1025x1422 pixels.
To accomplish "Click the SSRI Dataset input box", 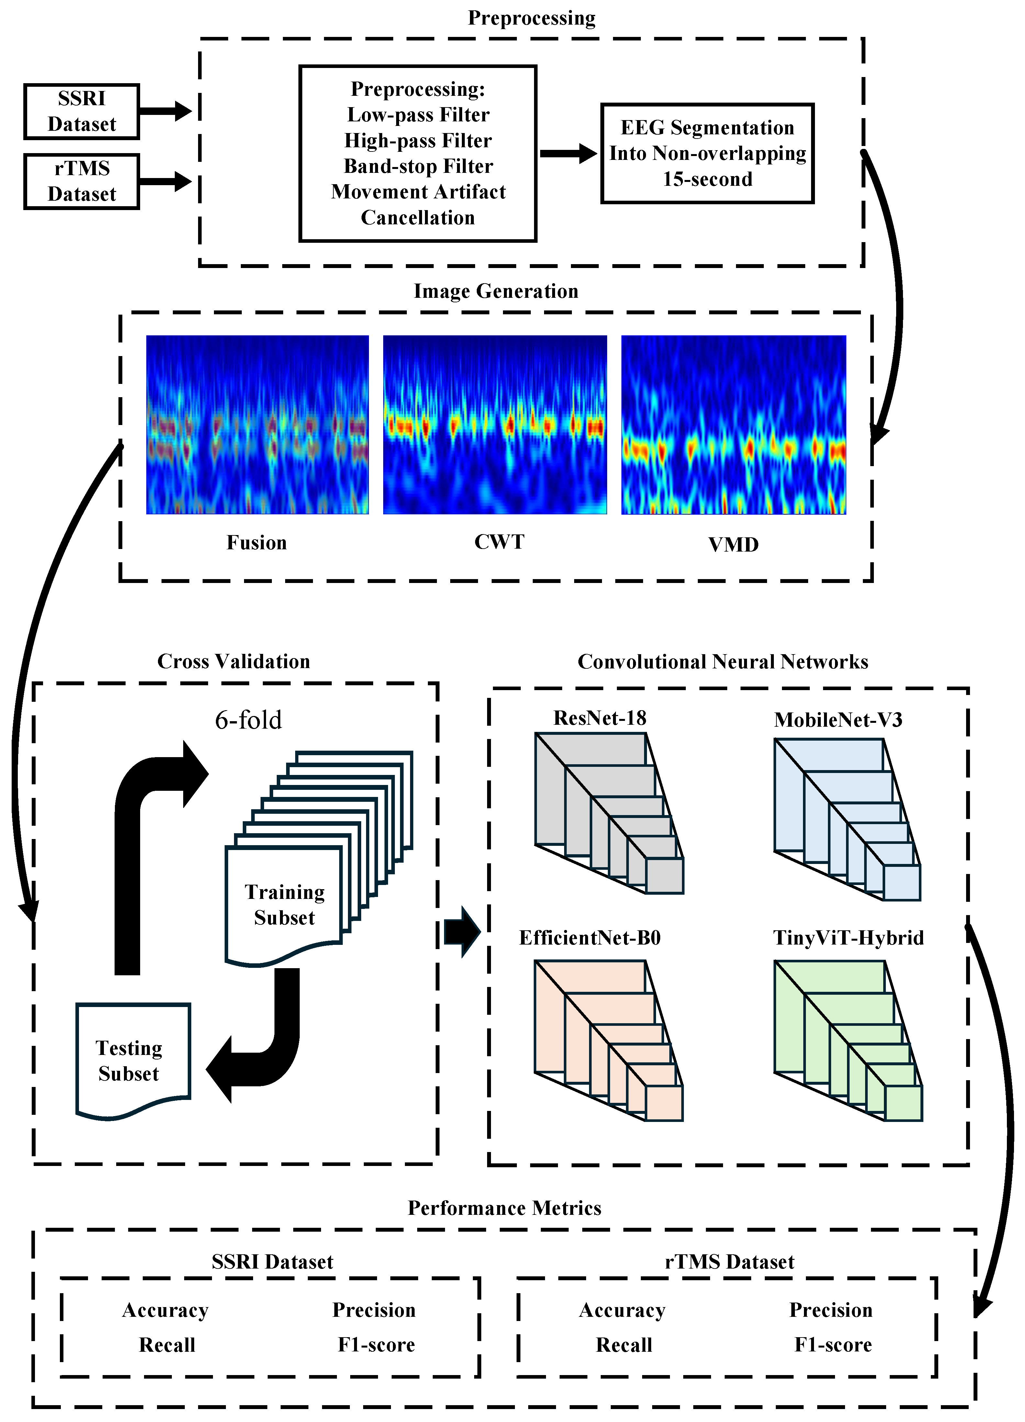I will click(x=82, y=112).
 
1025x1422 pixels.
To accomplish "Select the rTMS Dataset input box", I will click(x=82, y=181).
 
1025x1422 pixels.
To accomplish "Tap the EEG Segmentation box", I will click(x=707, y=154).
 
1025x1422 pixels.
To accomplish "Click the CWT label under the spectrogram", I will click(x=499, y=542).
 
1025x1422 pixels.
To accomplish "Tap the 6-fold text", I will click(x=248, y=720).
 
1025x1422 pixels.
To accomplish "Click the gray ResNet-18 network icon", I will click(x=608, y=812).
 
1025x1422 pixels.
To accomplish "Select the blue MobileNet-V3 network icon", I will click(x=846, y=818).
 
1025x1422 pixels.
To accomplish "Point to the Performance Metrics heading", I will click(x=505, y=1208).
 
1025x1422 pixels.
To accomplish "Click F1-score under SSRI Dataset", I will click(x=376, y=1345).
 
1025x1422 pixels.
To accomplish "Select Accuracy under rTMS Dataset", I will click(x=622, y=1310).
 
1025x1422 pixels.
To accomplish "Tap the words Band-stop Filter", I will click(x=418, y=166).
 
